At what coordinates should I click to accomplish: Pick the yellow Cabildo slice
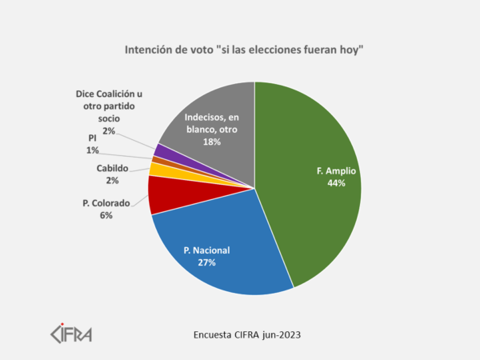(x=158, y=170)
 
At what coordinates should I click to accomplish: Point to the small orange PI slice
(x=156, y=160)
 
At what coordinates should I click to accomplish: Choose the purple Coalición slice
(x=160, y=150)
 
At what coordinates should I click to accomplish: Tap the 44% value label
(x=336, y=182)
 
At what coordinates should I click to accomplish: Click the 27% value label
(x=207, y=262)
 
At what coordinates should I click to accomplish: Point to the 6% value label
(x=107, y=215)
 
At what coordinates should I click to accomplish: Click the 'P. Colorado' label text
(x=107, y=203)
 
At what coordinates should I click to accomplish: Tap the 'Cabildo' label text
(x=112, y=168)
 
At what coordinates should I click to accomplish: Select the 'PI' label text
(x=93, y=138)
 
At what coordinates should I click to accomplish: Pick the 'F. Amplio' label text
(x=336, y=170)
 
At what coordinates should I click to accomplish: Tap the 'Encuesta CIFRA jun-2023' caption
(x=248, y=332)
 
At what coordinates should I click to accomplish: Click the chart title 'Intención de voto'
(x=244, y=50)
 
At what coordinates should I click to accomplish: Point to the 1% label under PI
(x=93, y=150)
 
